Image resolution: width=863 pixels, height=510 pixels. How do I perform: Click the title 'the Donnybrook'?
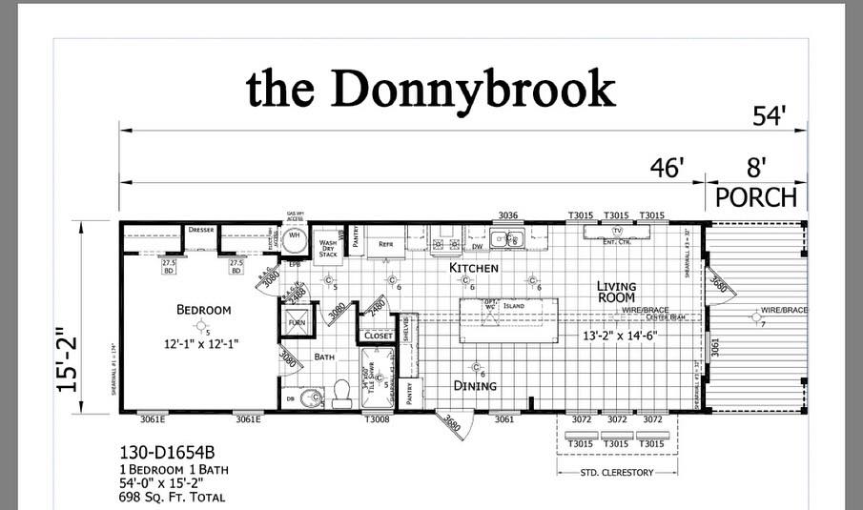click(x=430, y=89)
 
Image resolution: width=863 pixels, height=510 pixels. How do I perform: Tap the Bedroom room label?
click(x=203, y=310)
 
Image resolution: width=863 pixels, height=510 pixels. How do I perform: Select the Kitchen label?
click(x=474, y=268)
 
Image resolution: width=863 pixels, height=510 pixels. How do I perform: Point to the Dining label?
click(x=475, y=386)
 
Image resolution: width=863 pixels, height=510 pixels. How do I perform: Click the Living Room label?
click(x=616, y=292)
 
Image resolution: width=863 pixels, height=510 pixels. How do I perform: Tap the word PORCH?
click(x=755, y=197)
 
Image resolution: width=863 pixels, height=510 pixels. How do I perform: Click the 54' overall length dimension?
click(x=769, y=116)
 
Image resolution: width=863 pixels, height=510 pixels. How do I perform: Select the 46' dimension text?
click(x=668, y=168)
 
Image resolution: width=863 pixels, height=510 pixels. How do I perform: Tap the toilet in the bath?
click(x=341, y=393)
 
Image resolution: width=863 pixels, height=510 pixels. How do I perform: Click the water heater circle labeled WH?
click(x=296, y=236)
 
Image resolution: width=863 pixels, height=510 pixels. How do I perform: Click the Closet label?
click(x=377, y=336)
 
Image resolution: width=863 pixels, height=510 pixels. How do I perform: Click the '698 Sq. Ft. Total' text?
click(x=173, y=498)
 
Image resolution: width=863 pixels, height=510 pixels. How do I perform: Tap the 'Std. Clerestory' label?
click(x=617, y=472)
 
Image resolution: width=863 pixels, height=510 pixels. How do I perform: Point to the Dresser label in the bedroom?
click(x=200, y=230)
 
